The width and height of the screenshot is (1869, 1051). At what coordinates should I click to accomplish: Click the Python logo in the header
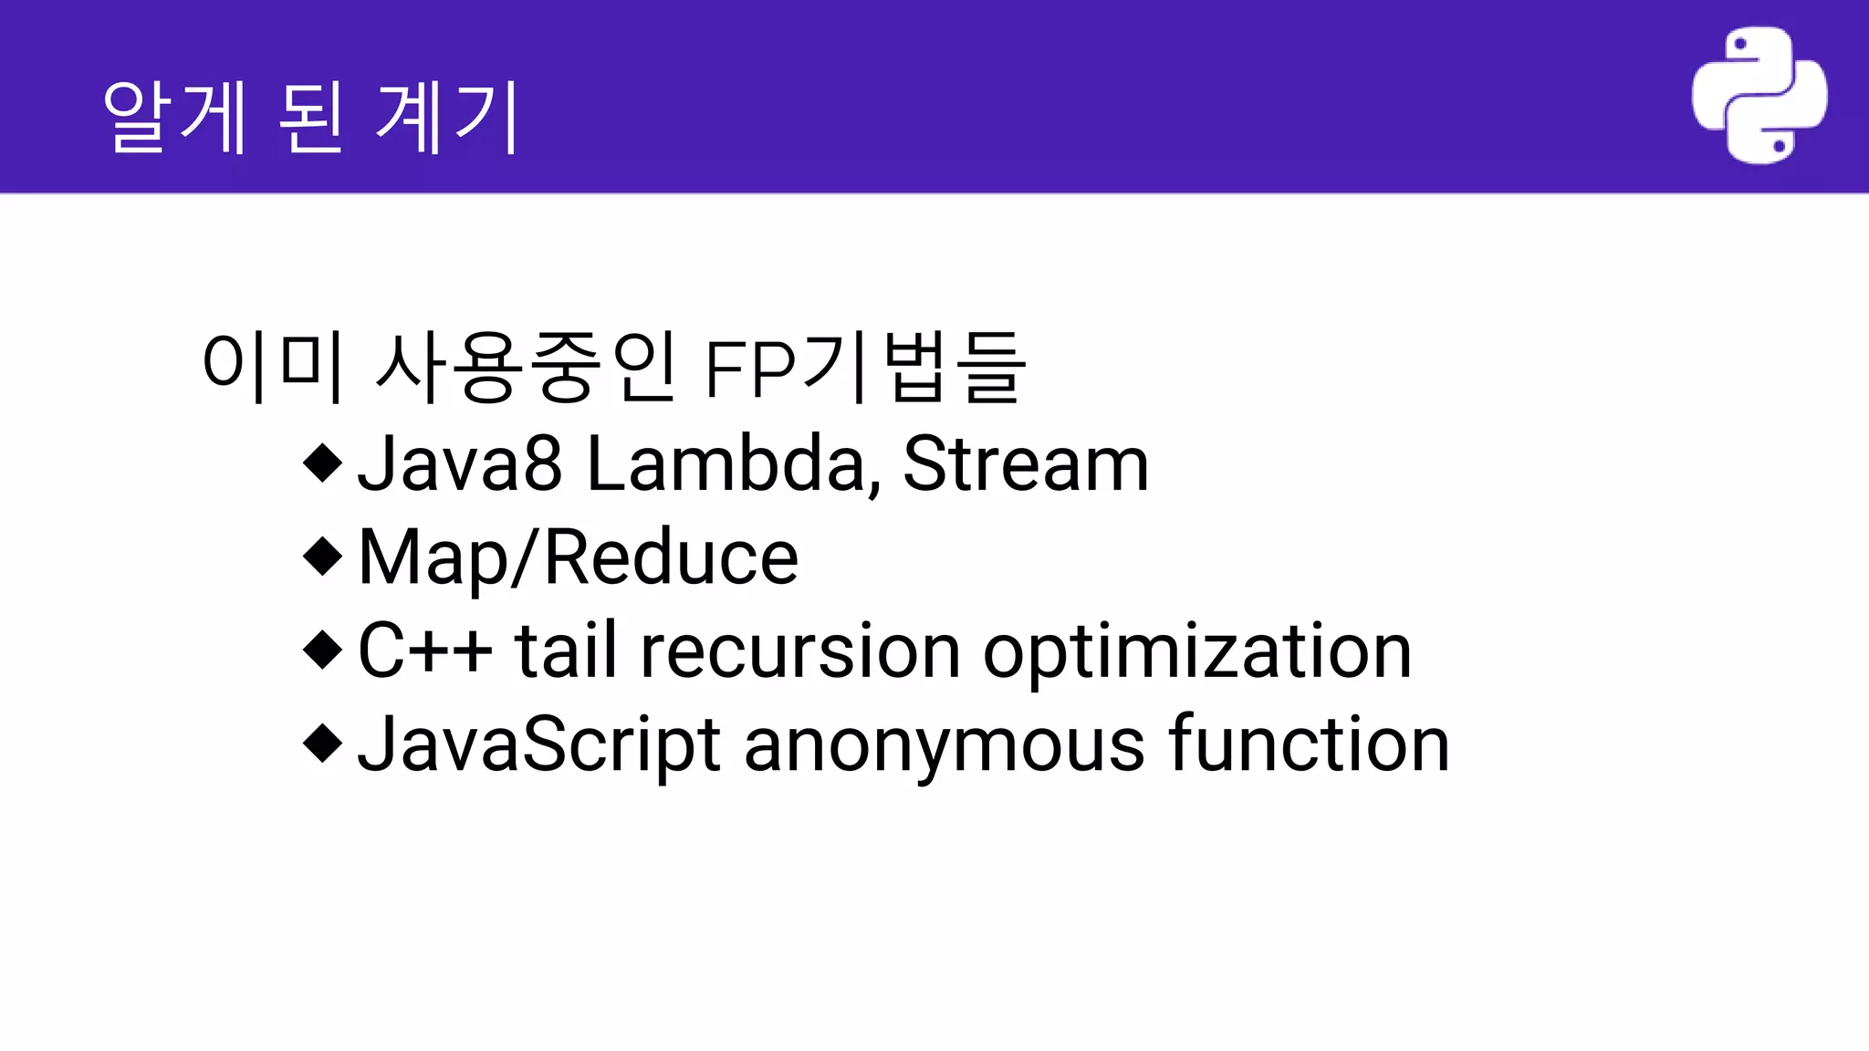coord(1759,95)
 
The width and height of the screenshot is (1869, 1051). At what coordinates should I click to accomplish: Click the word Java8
coord(459,464)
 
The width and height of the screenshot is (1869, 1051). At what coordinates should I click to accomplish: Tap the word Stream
coord(1025,464)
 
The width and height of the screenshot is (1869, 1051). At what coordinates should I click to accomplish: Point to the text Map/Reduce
coord(579,558)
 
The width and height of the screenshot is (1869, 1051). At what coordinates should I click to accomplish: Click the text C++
coord(424,650)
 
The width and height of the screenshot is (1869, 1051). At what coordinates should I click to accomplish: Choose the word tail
coord(566,650)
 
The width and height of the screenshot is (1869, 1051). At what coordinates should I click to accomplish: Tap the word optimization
coord(1197,652)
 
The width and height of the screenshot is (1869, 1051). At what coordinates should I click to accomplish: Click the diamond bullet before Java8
coord(322,463)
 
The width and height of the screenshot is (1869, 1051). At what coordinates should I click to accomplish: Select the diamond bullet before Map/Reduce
coord(322,557)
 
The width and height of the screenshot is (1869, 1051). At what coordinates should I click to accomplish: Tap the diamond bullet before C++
coord(322,650)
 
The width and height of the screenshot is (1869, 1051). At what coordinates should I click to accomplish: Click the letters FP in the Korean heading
coord(750,369)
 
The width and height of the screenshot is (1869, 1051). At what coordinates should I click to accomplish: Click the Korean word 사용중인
coord(526,367)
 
